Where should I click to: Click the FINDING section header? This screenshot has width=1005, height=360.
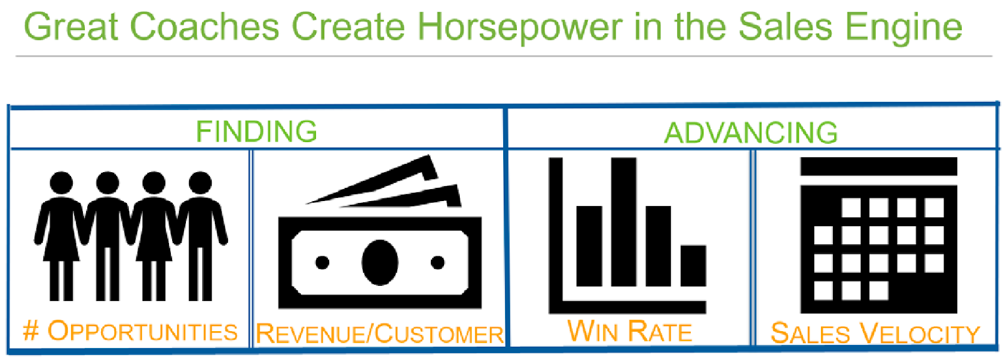(256, 131)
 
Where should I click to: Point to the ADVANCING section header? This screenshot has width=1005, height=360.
(751, 133)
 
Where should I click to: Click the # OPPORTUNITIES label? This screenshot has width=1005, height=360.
(130, 331)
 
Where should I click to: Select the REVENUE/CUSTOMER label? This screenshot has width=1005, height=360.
(379, 334)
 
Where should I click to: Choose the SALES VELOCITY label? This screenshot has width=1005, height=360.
(876, 334)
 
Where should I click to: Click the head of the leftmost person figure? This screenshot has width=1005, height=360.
(61, 183)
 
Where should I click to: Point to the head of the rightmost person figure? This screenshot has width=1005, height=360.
(200, 183)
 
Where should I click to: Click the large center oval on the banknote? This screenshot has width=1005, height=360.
(380, 263)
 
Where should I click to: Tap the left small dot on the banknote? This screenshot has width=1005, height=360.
(322, 263)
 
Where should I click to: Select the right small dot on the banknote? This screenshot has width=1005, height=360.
(437, 263)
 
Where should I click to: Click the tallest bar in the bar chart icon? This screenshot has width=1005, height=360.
(624, 222)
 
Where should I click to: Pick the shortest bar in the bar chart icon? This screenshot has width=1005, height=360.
(693, 266)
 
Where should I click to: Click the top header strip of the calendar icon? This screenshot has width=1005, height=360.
(879, 166)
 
